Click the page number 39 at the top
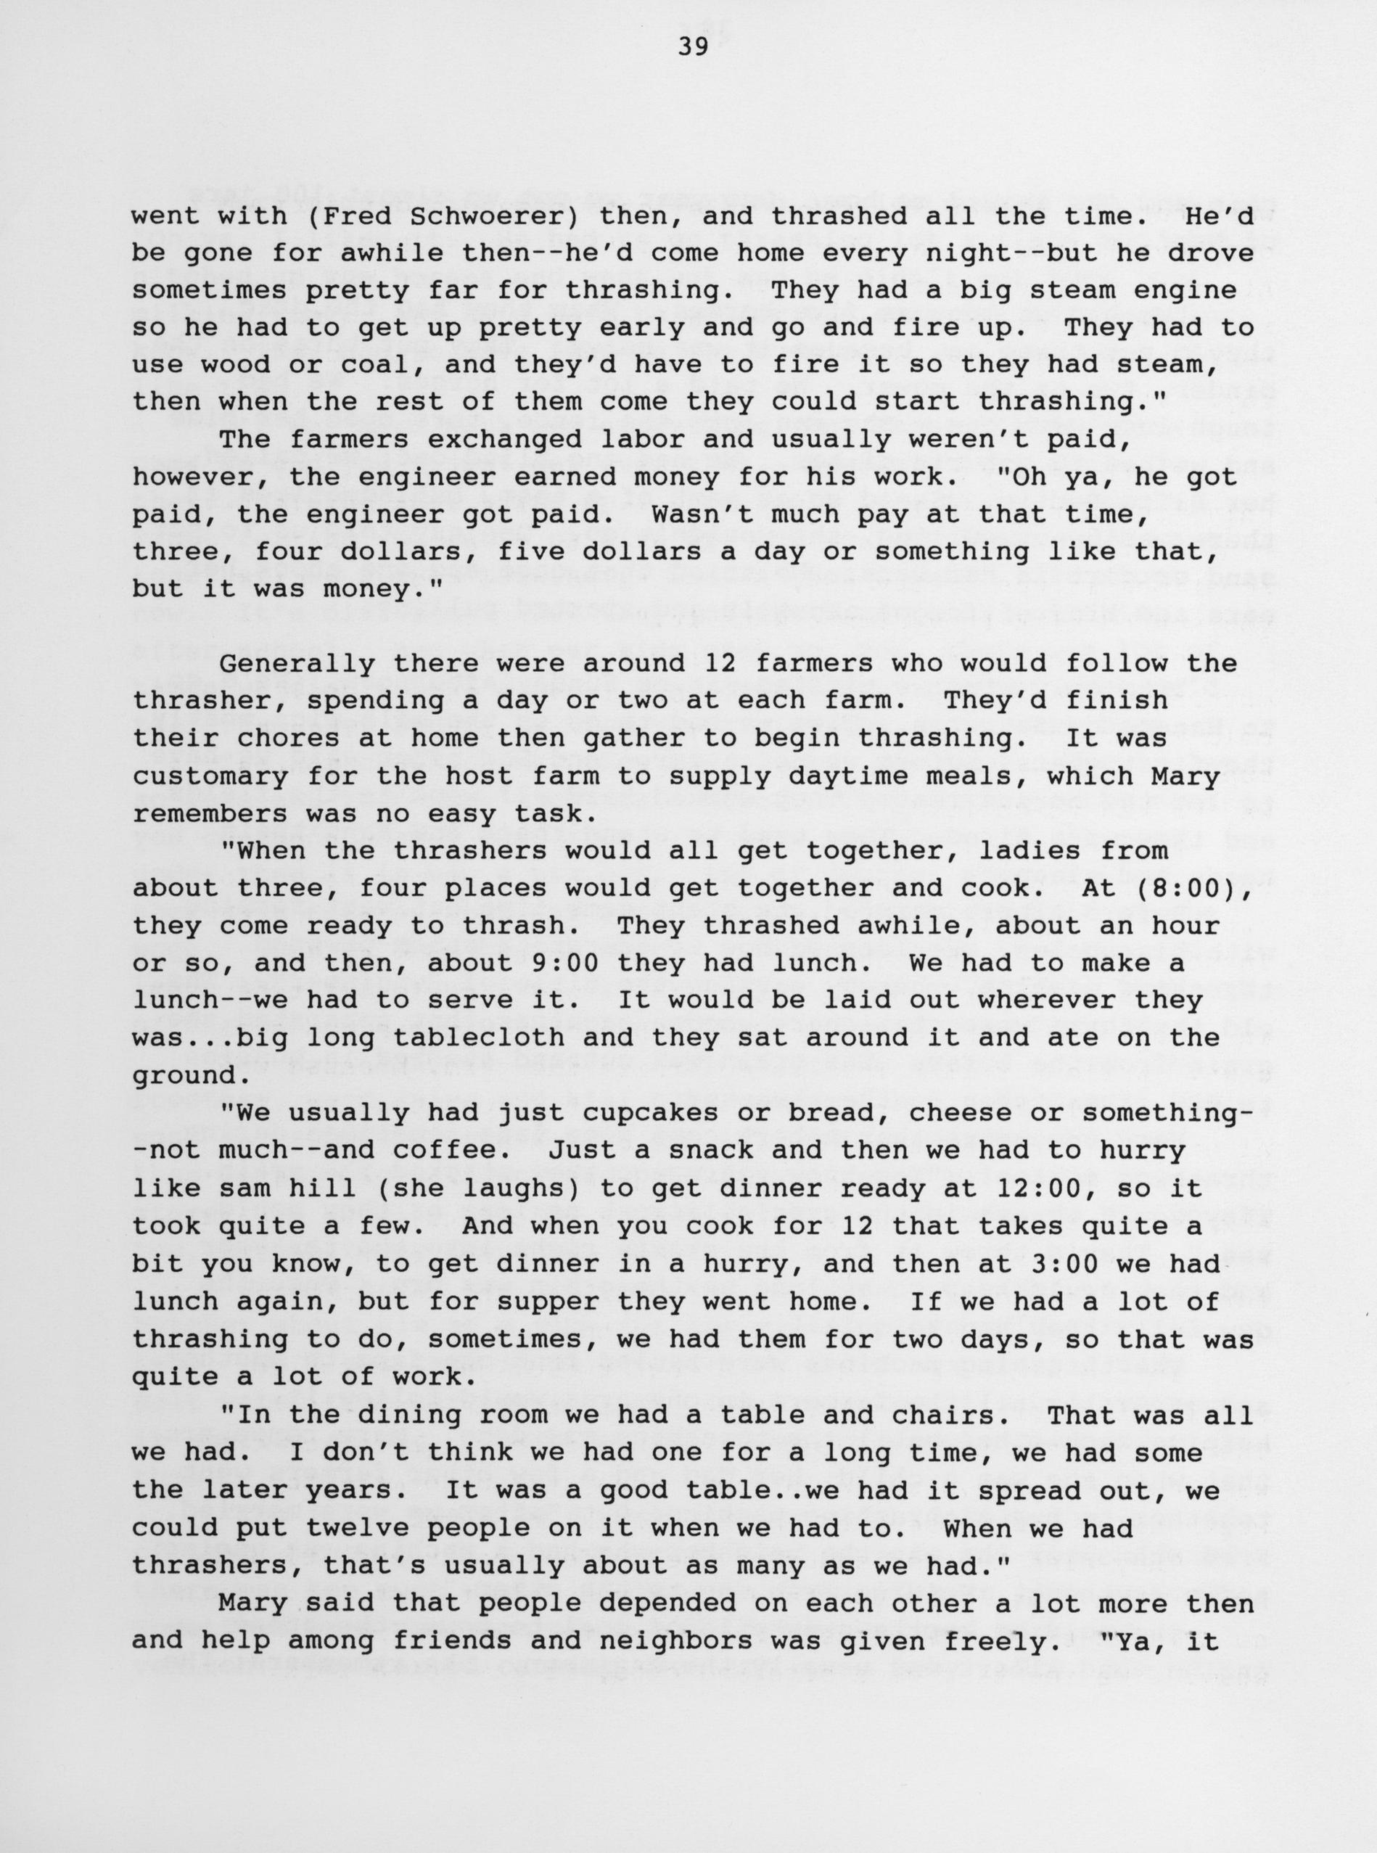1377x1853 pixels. [x=692, y=47]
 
